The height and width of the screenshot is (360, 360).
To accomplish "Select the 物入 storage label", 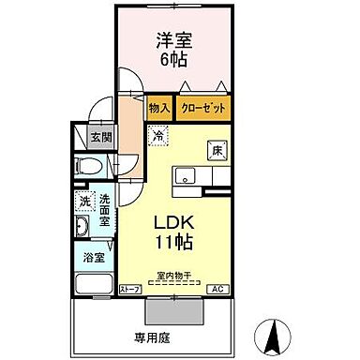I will click(159, 109).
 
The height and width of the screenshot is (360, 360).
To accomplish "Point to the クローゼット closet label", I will click(203, 109).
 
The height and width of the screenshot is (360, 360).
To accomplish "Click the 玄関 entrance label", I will click(99, 137).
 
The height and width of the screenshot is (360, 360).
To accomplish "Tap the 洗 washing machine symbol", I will click(84, 201).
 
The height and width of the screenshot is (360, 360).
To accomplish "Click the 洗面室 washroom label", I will click(105, 211).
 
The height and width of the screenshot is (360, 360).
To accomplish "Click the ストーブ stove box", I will click(130, 289).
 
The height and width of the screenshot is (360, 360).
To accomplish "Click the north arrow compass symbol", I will click(272, 330).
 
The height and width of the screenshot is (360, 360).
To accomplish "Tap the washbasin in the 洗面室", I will click(82, 229).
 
